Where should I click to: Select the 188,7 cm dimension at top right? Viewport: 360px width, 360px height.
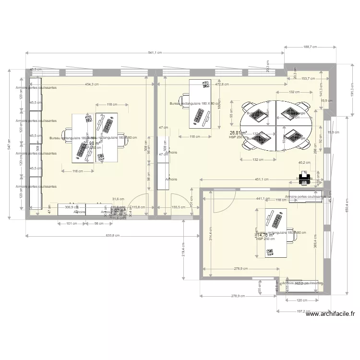(311, 47)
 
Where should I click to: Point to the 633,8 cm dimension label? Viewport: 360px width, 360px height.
(112, 236)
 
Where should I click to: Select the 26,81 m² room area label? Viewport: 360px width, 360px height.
(238, 132)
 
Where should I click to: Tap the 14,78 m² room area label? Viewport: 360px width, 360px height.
(265, 235)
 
